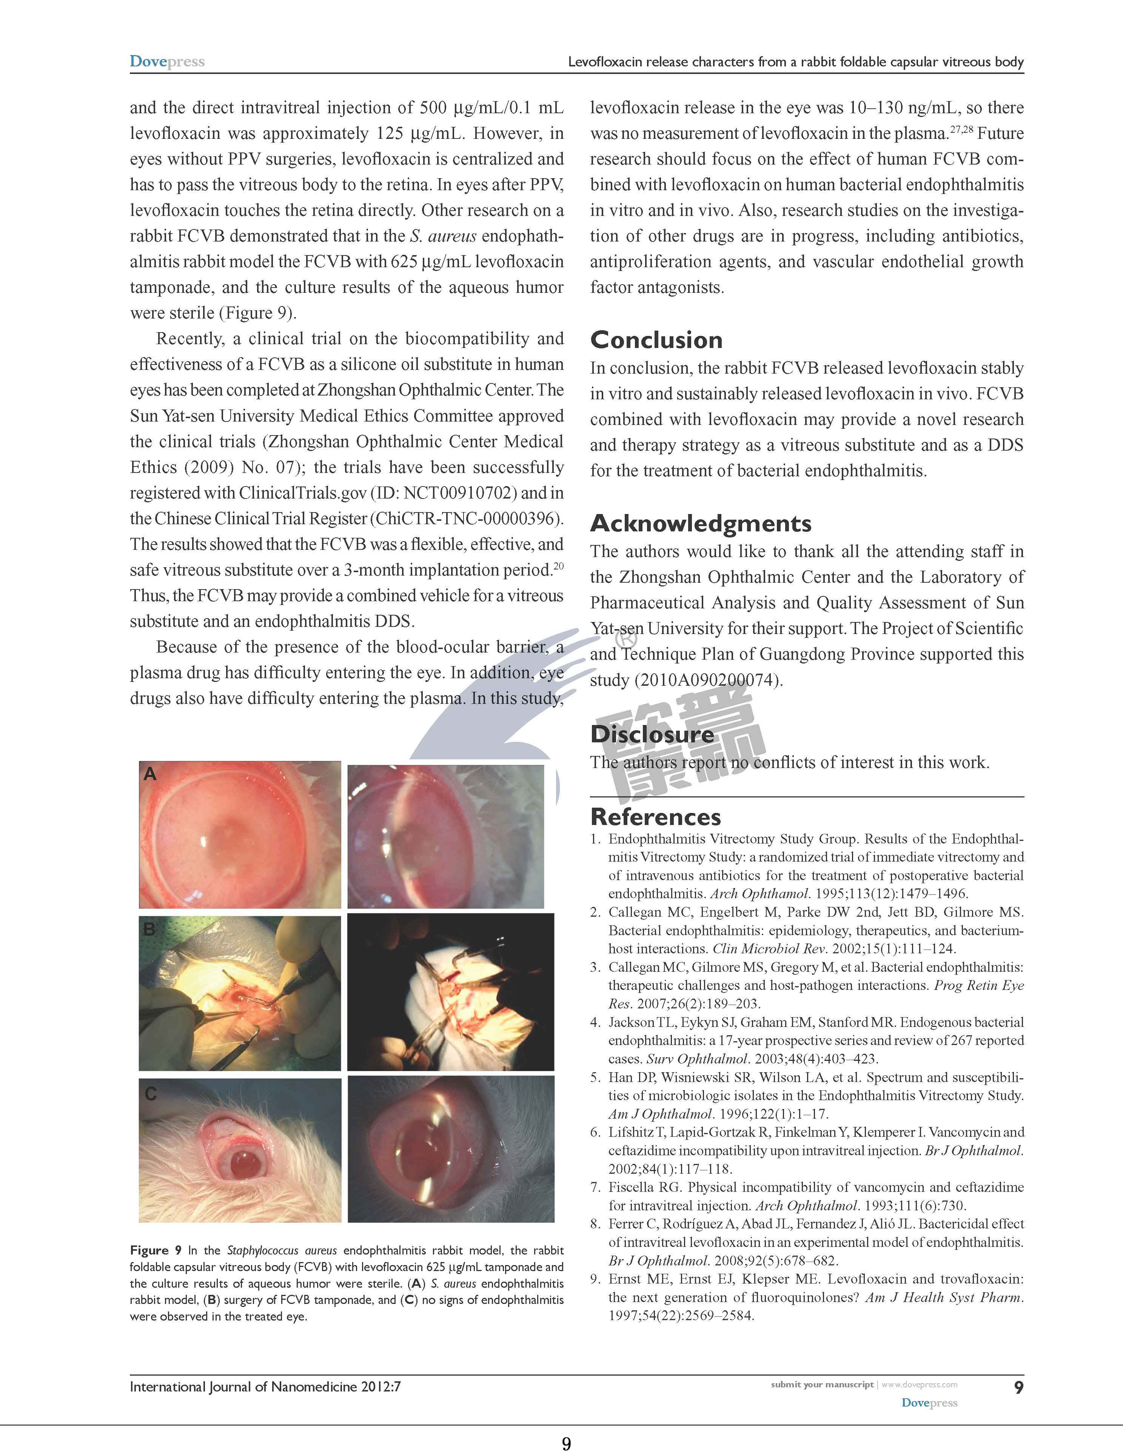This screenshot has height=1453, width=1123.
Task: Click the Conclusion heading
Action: (656, 340)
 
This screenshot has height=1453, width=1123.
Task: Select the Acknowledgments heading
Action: (701, 523)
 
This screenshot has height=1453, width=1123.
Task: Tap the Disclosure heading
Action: (652, 734)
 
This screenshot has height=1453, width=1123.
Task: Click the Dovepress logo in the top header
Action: (167, 62)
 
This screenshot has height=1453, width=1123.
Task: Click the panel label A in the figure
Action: (150, 774)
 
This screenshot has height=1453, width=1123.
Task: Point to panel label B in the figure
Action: (150, 929)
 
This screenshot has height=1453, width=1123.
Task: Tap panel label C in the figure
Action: (151, 1094)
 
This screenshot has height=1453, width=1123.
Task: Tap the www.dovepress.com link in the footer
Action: (920, 1384)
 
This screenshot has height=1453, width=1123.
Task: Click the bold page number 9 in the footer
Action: (1018, 1387)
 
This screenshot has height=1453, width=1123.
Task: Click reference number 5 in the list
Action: (595, 1078)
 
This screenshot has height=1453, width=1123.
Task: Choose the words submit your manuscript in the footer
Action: (822, 1384)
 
